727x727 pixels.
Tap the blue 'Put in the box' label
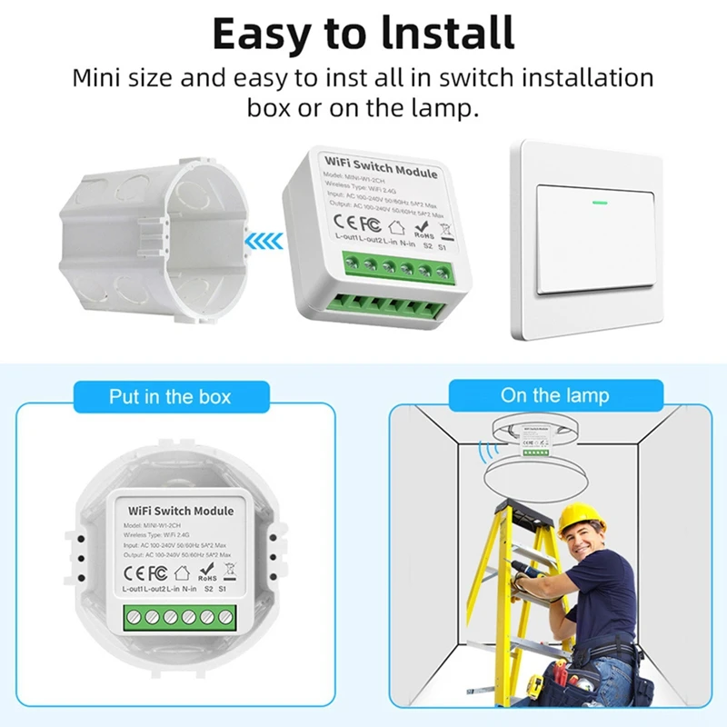pyautogui.click(x=170, y=396)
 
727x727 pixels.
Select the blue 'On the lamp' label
pyautogui.click(x=554, y=395)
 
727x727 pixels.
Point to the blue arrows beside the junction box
pyautogui.click(x=264, y=240)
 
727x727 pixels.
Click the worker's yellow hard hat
pyautogui.click(x=581, y=518)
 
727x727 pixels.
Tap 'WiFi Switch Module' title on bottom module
pyautogui.click(x=181, y=512)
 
